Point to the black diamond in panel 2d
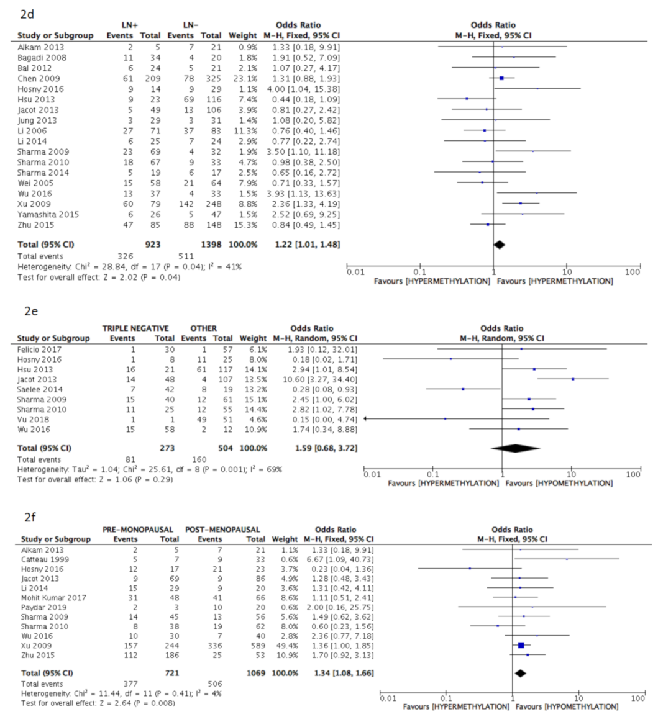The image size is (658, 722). [x=499, y=245]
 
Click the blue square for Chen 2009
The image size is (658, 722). [x=501, y=78]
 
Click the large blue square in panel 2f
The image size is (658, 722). [x=521, y=646]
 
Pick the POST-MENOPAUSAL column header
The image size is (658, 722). [x=222, y=530]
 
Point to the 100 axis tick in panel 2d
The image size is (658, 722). [x=632, y=273]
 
